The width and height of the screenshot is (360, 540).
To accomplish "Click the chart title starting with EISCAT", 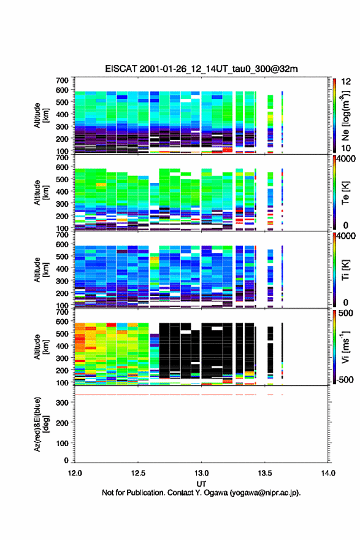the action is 201,69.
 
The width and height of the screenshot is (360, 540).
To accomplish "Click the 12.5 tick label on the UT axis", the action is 138,473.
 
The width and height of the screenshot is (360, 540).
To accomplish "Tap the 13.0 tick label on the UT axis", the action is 201,473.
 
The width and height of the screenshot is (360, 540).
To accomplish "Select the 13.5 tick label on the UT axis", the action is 265,473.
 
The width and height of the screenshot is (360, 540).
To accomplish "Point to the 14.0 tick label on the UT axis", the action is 328,473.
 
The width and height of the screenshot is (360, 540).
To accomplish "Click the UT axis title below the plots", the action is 201,484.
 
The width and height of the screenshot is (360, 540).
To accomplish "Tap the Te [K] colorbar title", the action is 345,193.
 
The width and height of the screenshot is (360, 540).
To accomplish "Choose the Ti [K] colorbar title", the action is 345,270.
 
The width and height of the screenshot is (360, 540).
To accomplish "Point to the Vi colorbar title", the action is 345,347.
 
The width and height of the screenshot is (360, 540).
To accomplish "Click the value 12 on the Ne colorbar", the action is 346,82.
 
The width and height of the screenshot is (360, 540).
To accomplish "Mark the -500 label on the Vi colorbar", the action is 345,379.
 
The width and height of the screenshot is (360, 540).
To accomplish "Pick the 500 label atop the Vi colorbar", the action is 346,313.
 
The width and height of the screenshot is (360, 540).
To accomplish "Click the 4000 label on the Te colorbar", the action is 346,159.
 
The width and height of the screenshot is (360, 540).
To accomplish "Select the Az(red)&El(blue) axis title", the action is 40,424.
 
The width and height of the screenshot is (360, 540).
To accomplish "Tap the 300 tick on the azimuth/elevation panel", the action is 63,403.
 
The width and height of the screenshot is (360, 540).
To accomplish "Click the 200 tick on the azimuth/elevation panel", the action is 63,423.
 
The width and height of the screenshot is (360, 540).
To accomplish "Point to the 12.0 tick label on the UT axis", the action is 75,473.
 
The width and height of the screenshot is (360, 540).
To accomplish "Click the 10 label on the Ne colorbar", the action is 346,148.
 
